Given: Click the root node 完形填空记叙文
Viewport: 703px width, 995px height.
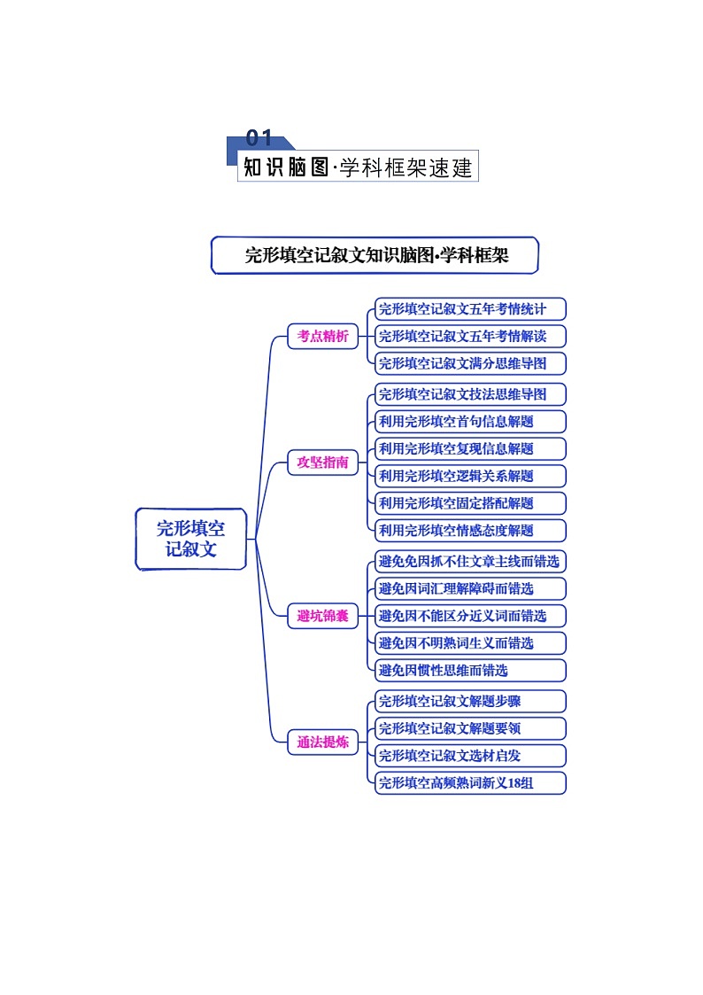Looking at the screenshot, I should click(x=190, y=539).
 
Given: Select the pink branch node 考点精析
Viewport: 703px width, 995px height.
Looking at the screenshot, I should click(x=322, y=337).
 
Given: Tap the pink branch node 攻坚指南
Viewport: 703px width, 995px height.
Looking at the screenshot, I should click(x=322, y=463).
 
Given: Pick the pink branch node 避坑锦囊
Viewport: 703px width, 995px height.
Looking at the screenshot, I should click(x=322, y=616).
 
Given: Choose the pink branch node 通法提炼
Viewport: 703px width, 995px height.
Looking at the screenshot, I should click(x=322, y=742).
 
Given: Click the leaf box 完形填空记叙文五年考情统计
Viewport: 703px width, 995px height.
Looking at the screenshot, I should click(x=469, y=309).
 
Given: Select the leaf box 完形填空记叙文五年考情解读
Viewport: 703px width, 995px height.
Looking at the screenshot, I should click(x=469, y=337).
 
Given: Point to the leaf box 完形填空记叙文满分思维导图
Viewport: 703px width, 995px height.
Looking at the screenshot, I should click(x=469, y=363).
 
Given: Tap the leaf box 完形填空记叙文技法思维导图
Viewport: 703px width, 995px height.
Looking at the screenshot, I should click(x=469, y=394).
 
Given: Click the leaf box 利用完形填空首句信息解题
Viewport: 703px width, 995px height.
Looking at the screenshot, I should click(x=469, y=422).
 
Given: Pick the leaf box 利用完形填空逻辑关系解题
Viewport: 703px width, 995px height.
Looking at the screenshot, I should click(x=469, y=476).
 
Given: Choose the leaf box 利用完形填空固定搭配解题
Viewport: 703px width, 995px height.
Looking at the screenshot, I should click(x=469, y=503).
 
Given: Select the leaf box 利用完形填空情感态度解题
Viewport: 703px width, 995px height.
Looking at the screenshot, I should click(x=469, y=531).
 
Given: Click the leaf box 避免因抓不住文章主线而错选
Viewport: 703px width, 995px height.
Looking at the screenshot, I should click(x=469, y=561).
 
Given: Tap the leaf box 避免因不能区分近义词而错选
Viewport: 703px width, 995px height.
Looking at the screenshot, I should click(x=469, y=616).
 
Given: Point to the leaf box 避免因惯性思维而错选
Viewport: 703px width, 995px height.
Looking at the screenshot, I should click(x=469, y=670).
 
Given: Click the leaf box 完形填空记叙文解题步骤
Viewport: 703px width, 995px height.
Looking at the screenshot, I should click(x=469, y=701).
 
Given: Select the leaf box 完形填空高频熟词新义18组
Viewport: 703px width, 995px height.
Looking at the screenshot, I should click(x=469, y=783).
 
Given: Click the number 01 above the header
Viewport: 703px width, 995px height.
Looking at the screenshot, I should click(x=259, y=138).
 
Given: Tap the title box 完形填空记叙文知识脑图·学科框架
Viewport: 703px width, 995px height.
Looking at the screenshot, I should click(x=375, y=255).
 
